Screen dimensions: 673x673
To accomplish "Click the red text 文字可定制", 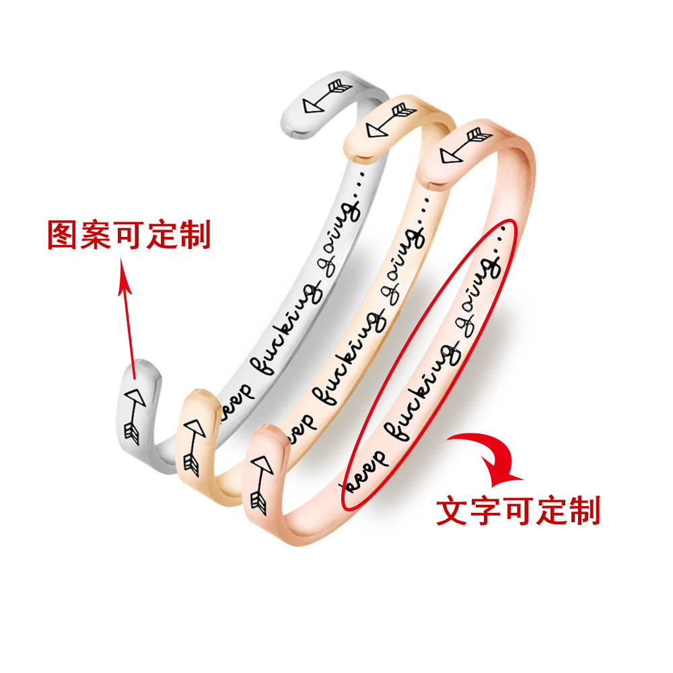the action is point(518,511).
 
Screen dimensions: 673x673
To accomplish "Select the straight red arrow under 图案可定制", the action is point(129,316).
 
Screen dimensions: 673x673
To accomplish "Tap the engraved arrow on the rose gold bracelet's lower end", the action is point(259,481).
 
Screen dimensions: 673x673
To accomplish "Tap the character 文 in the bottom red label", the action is point(452,511).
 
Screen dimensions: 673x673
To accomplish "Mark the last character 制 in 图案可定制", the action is point(194,235).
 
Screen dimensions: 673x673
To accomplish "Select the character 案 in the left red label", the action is point(96,235).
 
